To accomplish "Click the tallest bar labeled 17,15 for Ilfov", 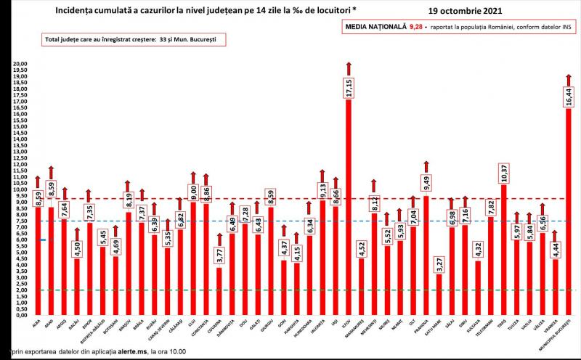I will pos(348,218).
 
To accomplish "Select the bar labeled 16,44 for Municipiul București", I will pos(569,218).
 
